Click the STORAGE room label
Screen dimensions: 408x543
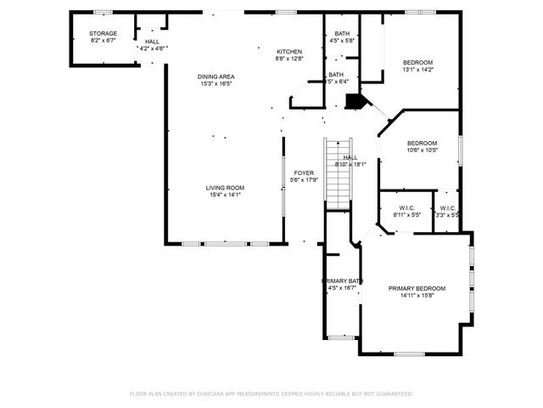103,33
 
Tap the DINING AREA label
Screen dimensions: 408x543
216,76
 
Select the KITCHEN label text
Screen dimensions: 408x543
288,52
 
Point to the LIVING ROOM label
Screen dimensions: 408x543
225,187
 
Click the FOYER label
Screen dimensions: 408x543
304,173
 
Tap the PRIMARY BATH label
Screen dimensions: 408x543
342,280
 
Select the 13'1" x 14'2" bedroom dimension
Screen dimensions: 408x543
417,71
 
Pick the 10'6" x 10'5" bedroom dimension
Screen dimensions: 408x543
422,150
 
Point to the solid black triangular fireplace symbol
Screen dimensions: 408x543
356,102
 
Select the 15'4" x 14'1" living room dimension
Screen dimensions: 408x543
225,195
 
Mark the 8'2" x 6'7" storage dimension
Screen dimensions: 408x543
103,41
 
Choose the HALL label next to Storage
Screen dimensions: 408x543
152,41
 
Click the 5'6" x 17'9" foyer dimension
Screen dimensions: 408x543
304,180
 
